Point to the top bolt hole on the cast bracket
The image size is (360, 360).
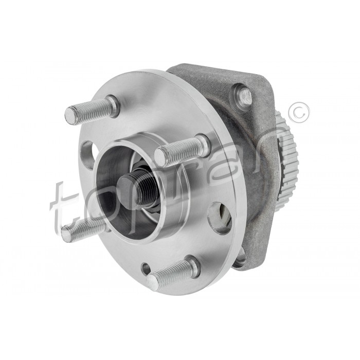243,95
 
